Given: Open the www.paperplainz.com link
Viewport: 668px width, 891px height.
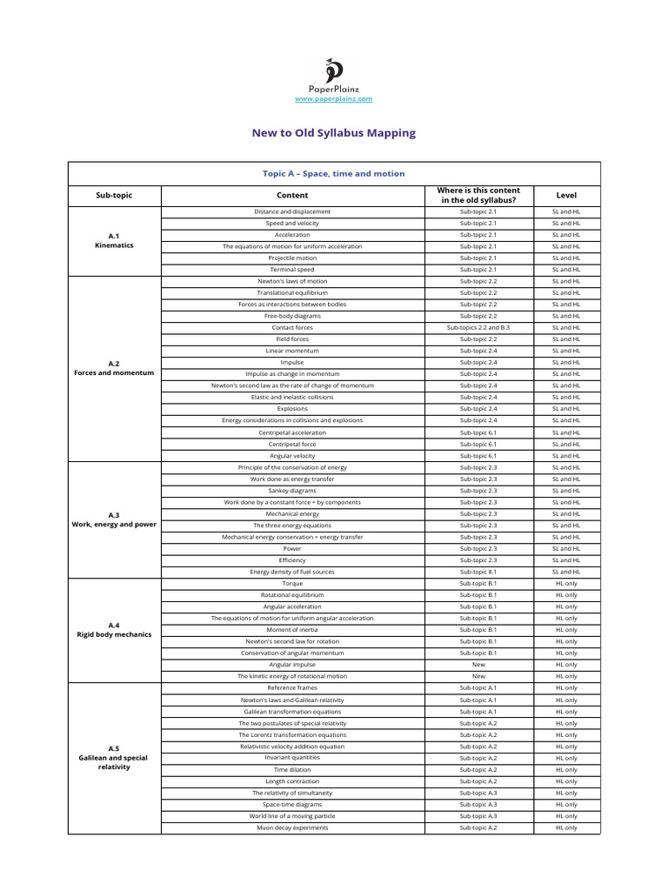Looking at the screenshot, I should tap(333, 99).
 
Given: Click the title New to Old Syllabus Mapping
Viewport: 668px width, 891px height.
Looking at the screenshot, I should tap(333, 133).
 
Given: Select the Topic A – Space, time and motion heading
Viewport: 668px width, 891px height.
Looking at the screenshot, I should tap(333, 173).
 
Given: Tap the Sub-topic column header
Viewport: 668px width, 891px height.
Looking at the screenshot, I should tap(114, 196).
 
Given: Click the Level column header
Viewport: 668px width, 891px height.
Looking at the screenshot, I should tap(565, 196).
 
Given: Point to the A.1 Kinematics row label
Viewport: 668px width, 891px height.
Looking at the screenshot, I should tap(114, 241).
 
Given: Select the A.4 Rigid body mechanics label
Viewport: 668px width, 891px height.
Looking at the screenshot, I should tap(114, 630).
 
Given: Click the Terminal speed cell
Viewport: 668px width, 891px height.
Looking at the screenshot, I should tap(292, 270).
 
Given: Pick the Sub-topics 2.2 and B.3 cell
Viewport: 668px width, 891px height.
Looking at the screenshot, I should tap(478, 328).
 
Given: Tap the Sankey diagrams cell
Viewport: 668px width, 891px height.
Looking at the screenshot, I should tap(292, 491).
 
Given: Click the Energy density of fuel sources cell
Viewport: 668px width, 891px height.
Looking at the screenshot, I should tap(292, 572).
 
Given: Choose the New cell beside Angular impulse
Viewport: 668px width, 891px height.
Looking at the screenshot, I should tap(478, 665).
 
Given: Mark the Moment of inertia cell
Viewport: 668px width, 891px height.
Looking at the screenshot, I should tap(292, 630).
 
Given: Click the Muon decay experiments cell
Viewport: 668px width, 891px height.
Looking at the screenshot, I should tap(292, 827).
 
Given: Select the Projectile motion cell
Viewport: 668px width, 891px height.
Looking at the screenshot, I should tap(292, 258).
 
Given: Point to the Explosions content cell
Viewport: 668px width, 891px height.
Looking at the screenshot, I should tap(292, 409).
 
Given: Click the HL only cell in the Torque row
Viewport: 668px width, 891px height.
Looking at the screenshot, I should tap(565, 584).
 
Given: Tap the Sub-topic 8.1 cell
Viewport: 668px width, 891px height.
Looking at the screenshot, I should tap(478, 572).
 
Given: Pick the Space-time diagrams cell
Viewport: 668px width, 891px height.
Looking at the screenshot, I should tap(292, 805).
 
